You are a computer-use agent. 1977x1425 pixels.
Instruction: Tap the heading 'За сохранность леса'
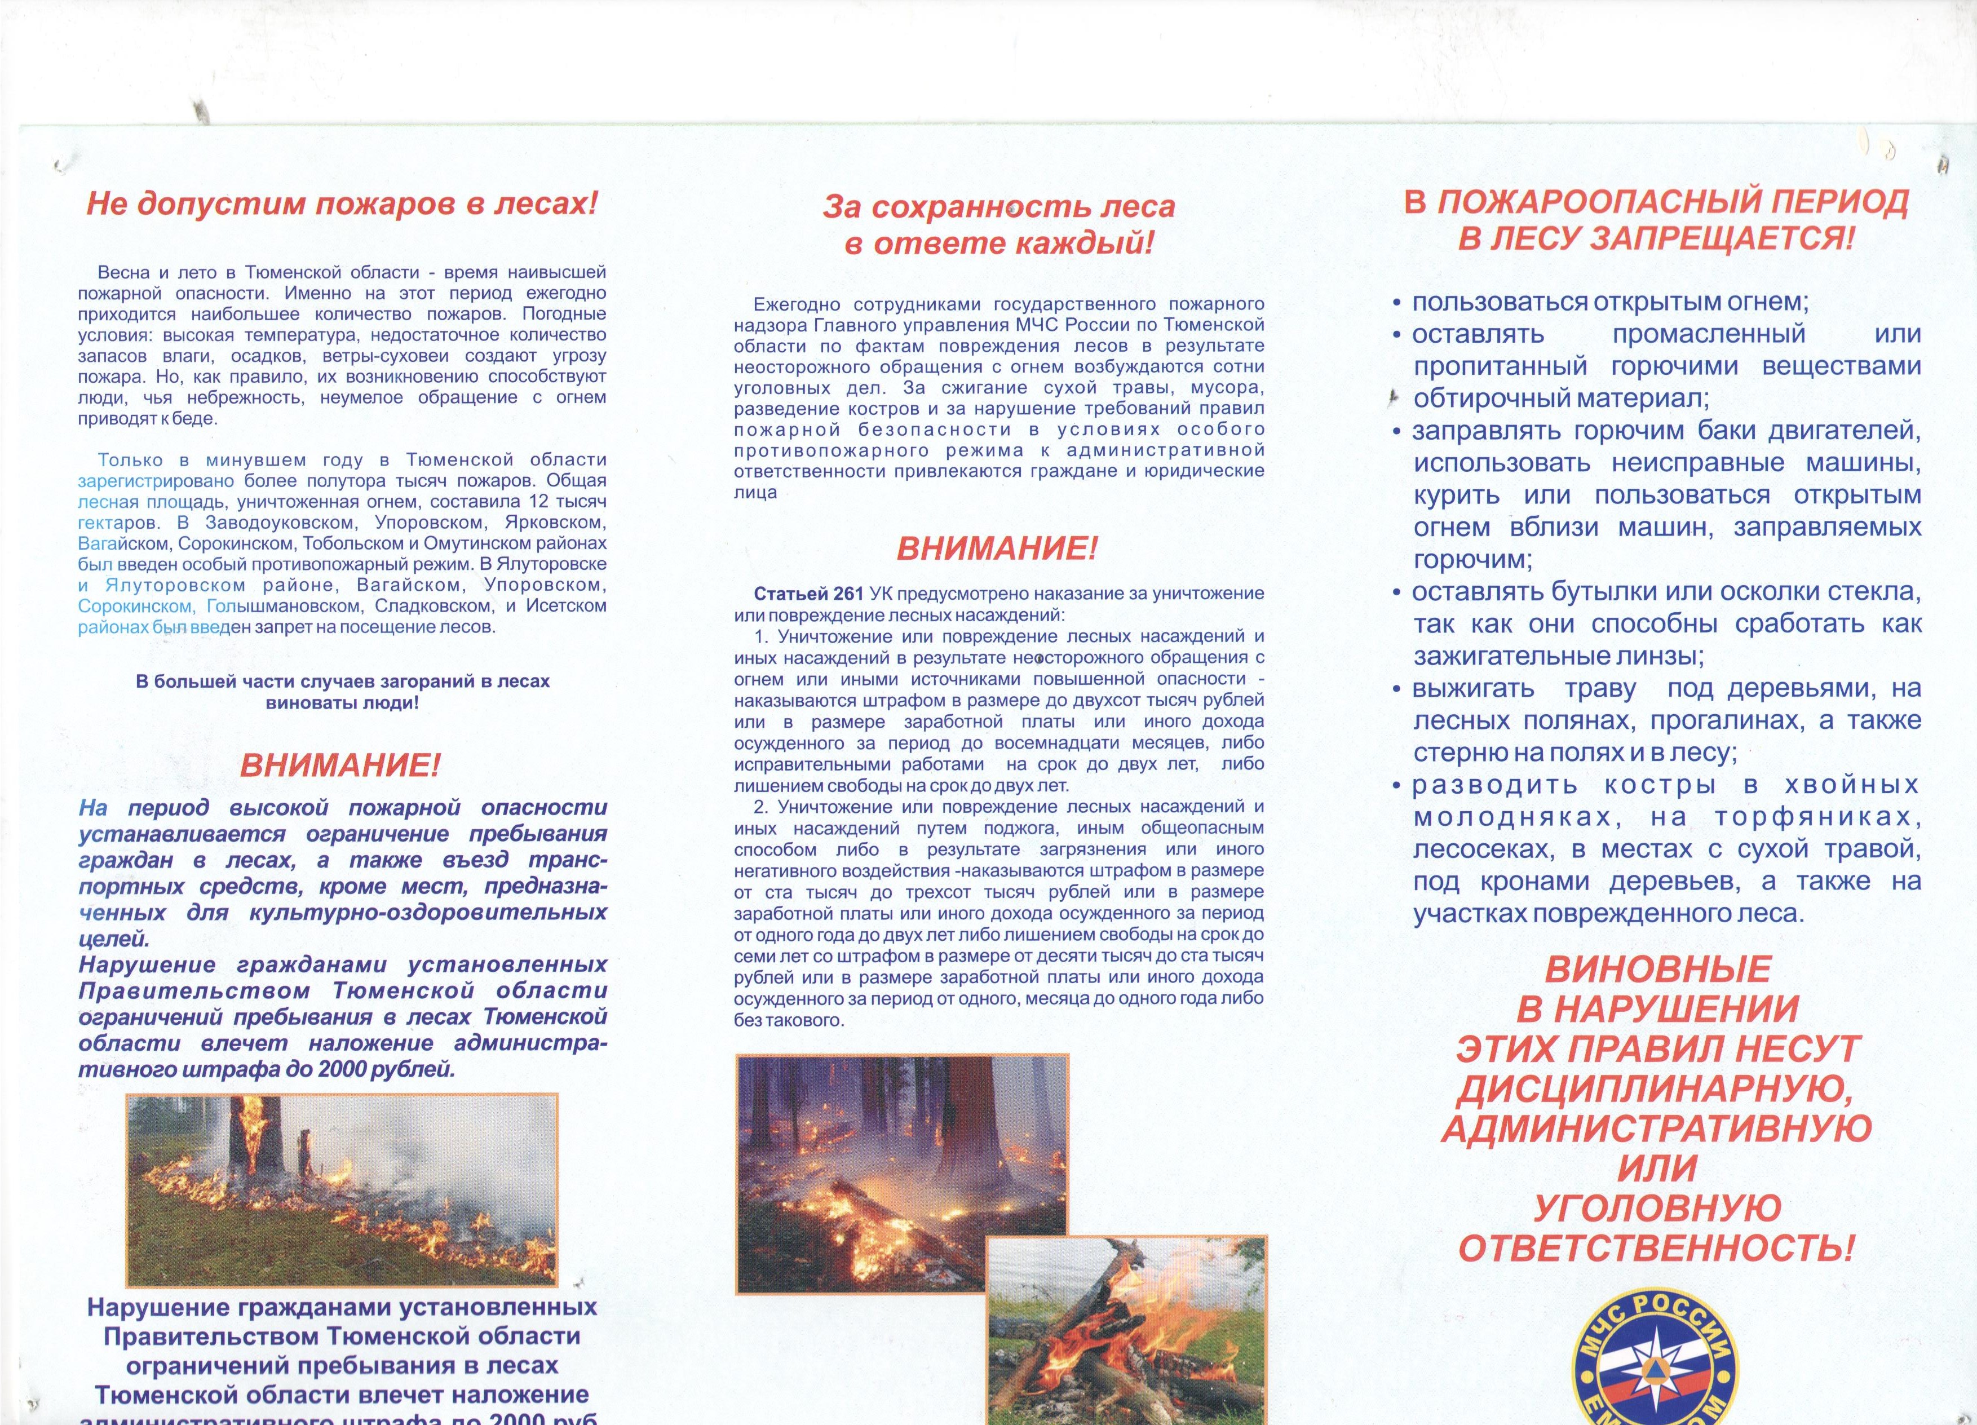coord(999,206)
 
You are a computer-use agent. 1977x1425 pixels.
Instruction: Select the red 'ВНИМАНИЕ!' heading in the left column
coord(340,766)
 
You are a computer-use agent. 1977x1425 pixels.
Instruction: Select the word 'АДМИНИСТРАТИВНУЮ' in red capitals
coord(1656,1128)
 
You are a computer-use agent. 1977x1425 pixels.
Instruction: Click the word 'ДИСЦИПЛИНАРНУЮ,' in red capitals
coord(1656,1088)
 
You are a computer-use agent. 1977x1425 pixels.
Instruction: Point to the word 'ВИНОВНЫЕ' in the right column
coord(1658,968)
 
